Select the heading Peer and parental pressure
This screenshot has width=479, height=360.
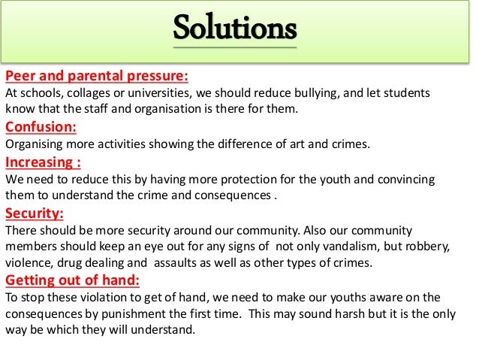[97, 77]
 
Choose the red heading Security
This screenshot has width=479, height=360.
[35, 213]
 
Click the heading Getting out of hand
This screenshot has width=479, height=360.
[72, 280]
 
